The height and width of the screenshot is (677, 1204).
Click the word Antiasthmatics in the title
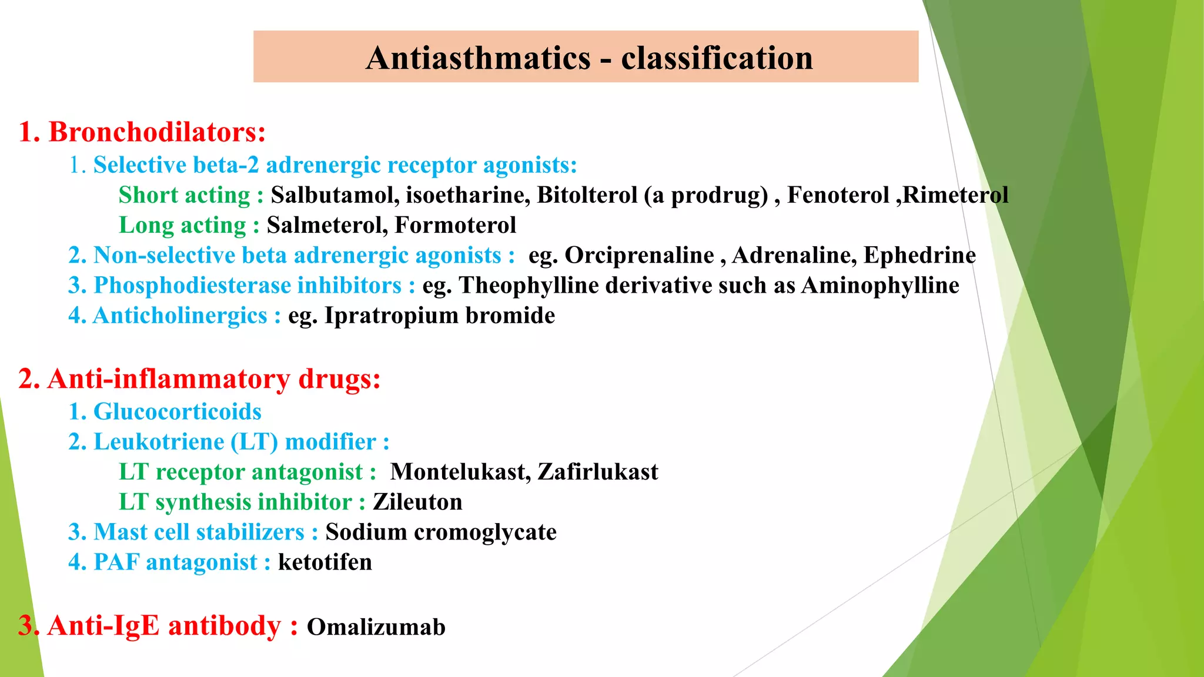click(x=478, y=58)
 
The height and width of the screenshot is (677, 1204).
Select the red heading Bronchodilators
click(x=156, y=132)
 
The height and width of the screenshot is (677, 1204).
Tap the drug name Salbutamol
click(x=334, y=195)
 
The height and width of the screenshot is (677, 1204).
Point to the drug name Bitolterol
click(x=587, y=195)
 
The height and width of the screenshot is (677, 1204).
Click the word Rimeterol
click(x=955, y=195)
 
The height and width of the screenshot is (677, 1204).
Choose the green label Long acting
click(x=182, y=225)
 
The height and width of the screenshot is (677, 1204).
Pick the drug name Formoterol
click(x=455, y=225)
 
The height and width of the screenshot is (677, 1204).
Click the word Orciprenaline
click(x=639, y=255)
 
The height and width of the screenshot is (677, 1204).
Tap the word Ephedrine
click(x=919, y=255)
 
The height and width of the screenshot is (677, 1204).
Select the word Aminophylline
click(x=880, y=286)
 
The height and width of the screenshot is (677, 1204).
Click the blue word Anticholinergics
click(x=180, y=316)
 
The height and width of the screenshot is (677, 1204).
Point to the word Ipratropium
click(x=392, y=316)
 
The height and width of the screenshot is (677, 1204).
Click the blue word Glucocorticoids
click(x=177, y=411)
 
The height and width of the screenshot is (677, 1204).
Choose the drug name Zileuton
click(x=417, y=502)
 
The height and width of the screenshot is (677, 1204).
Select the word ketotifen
click(x=325, y=562)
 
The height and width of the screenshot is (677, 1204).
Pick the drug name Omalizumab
click(x=376, y=627)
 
